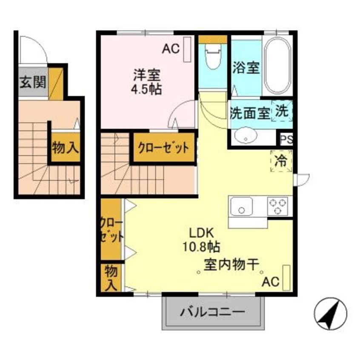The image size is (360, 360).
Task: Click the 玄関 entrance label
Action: [x=32, y=82]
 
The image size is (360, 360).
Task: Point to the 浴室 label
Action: [x=246, y=68]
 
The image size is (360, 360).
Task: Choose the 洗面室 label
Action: [x=249, y=114]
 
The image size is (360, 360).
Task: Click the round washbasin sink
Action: [x=246, y=136]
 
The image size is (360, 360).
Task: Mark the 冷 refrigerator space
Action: [x=281, y=161]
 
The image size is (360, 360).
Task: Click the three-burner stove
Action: [x=278, y=206]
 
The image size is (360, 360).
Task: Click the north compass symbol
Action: [x=330, y=314]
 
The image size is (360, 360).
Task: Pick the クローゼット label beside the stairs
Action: [x=163, y=148]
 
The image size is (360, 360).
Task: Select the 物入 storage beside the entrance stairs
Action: [x=65, y=148]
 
